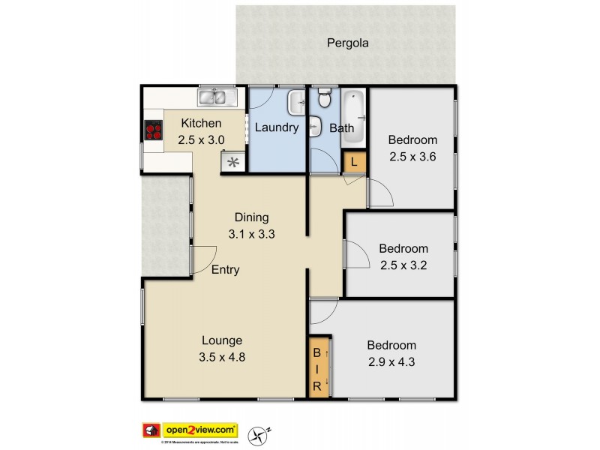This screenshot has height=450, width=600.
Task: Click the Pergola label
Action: [347, 43]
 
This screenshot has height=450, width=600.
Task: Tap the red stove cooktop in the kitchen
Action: [154, 131]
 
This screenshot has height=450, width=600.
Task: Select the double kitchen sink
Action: [217, 97]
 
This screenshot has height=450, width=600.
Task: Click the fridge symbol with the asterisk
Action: [233, 161]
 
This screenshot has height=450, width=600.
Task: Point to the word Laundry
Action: [277, 127]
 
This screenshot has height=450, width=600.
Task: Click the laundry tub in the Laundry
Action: [297, 101]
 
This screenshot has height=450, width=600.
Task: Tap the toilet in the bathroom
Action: [325, 97]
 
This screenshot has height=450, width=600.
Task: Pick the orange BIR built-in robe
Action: [318, 367]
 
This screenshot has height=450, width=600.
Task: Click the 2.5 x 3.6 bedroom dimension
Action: [412, 157]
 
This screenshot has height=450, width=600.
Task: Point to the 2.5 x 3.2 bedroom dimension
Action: [403, 265]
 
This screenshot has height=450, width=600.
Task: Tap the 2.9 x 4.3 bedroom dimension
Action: [391, 362]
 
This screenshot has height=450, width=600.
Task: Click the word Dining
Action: [251, 217]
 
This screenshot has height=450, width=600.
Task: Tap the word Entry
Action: [225, 270]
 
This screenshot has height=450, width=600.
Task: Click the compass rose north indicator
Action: [260, 432]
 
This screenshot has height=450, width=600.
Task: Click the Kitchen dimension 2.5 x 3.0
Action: [201, 139]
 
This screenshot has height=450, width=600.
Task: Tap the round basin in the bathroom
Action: [316, 126]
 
